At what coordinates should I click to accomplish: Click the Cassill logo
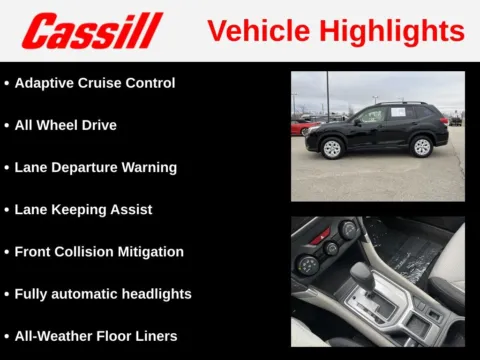click(92, 31)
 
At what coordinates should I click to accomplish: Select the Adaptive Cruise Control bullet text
click(94, 83)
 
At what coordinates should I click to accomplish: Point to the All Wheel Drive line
click(65, 125)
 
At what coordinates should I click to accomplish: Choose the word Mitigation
click(148, 252)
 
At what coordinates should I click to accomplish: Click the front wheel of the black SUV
click(332, 147)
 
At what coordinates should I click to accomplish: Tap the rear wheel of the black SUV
click(421, 147)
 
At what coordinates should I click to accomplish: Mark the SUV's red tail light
click(444, 122)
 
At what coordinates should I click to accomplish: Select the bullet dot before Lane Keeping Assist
click(7, 210)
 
